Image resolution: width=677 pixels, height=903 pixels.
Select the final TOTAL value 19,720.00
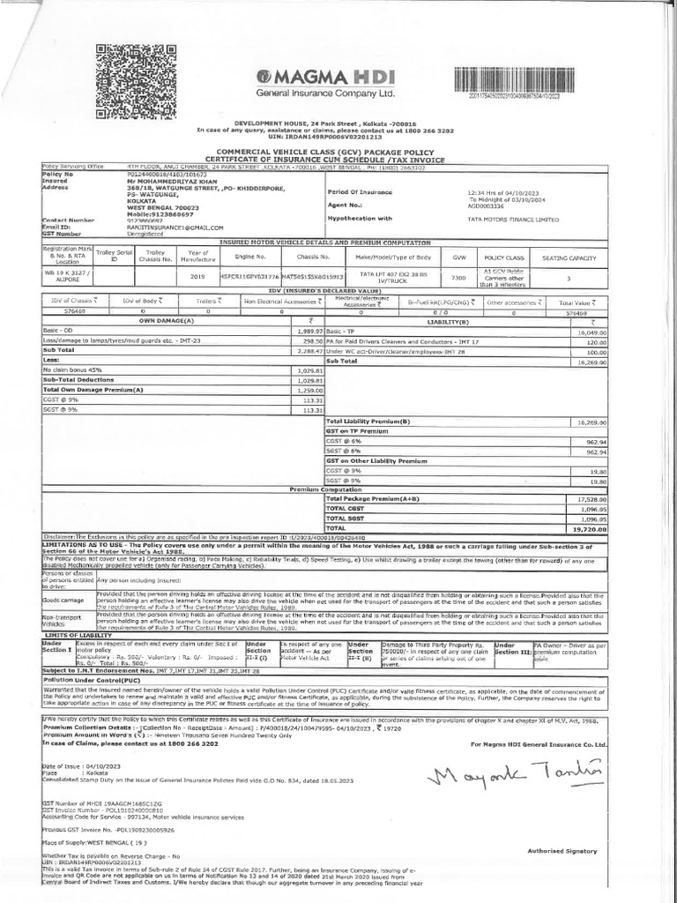coord(588,529)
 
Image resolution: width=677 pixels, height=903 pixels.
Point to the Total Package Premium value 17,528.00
coord(588,499)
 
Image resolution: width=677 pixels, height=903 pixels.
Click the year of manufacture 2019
coord(197,276)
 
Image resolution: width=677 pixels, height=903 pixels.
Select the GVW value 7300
coord(459,276)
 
